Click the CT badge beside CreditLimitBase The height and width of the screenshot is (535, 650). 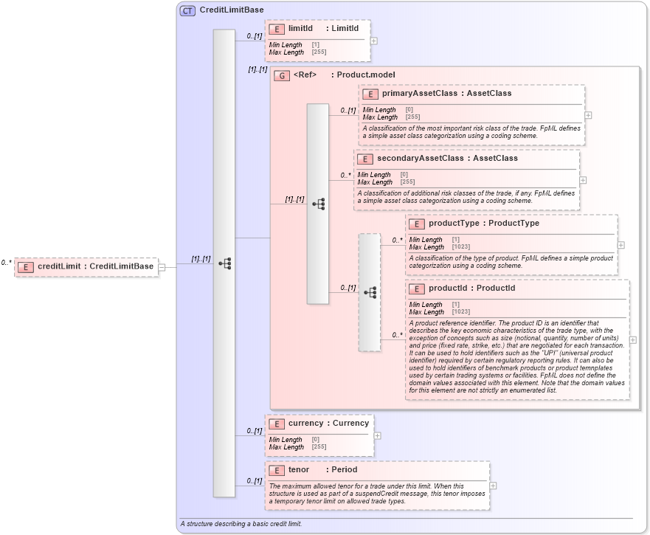[188, 10]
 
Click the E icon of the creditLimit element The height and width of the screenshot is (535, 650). [26, 266]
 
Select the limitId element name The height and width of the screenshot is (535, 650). [300, 29]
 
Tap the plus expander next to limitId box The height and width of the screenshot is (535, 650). [374, 41]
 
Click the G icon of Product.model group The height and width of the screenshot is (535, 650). [281, 75]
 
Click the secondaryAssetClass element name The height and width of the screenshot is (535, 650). [421, 158]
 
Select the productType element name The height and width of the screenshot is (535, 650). [453, 224]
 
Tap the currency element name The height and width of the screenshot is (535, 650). [305, 424]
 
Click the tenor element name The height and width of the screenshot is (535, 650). [299, 469]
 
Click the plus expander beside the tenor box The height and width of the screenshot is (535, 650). [493, 486]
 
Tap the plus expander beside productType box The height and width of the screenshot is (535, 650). [620, 245]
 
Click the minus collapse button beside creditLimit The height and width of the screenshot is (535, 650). [162, 267]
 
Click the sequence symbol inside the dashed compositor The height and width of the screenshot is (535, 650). [370, 292]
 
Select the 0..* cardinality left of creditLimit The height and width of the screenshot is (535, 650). [7, 262]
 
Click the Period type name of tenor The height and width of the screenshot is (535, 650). [344, 469]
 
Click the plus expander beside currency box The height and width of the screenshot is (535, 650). [377, 435]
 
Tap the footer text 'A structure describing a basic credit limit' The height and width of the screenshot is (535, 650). [241, 524]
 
